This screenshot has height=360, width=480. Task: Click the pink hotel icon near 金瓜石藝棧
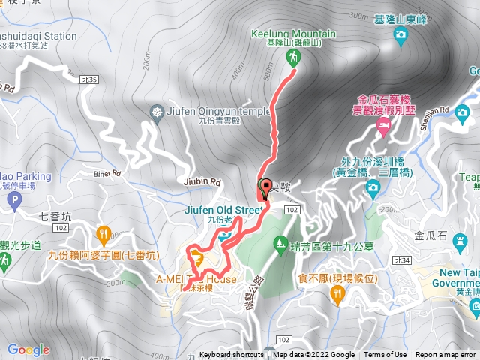[383, 129]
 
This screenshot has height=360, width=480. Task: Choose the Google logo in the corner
[28, 349]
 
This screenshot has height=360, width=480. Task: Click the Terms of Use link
[385, 355]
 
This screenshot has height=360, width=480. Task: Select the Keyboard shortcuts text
[232, 355]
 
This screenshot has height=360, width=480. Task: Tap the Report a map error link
[445, 355]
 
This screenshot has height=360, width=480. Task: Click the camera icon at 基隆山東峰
[401, 34]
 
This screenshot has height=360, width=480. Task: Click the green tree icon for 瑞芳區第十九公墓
[281, 241]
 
